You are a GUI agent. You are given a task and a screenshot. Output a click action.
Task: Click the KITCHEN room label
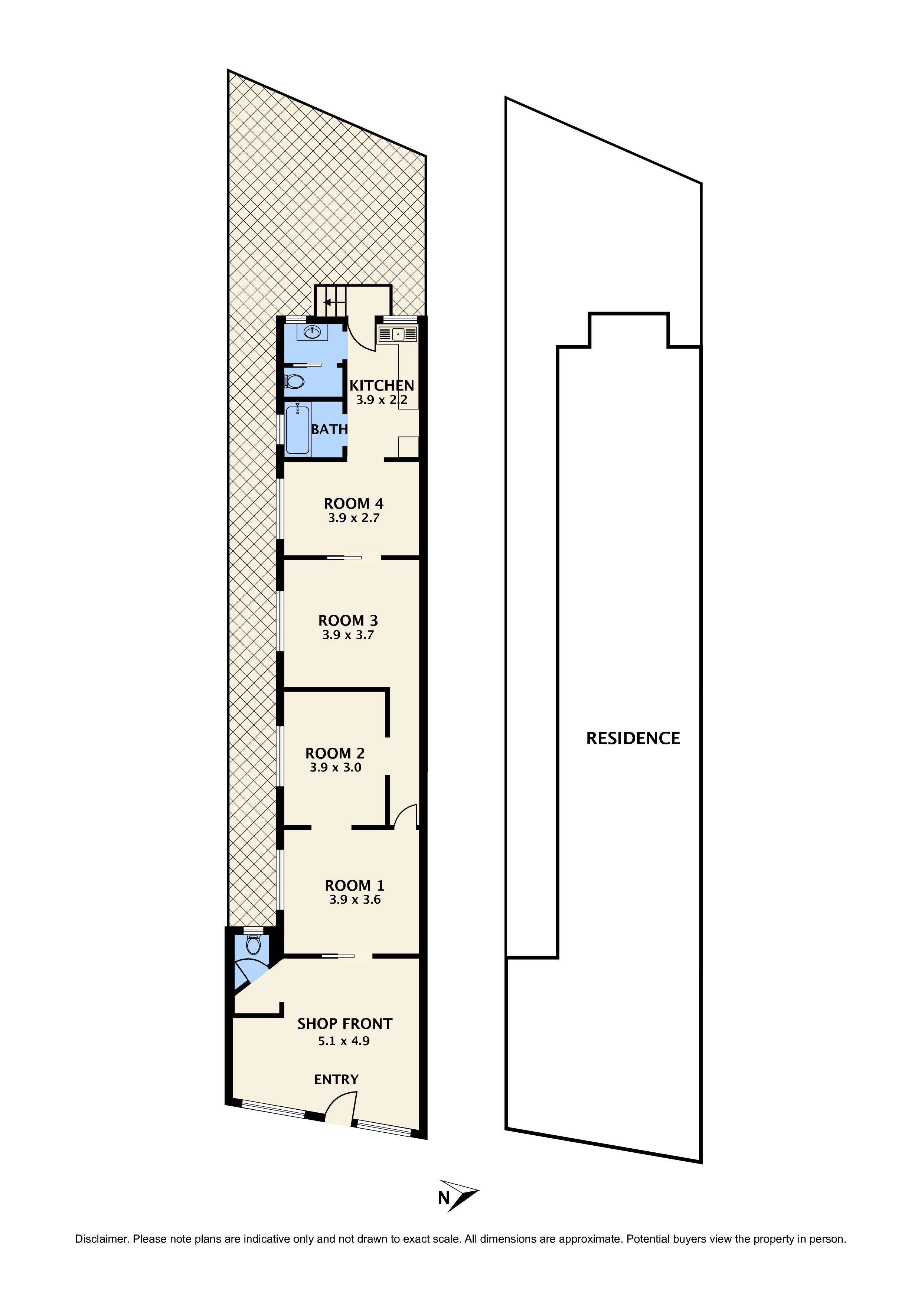click(381, 386)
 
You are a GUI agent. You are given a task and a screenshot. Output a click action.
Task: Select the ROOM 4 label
click(353, 503)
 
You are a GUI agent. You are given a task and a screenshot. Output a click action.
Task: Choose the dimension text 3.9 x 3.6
click(355, 900)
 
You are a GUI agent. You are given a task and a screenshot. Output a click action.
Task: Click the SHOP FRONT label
click(345, 1024)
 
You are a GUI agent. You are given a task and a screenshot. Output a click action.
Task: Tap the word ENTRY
click(336, 1080)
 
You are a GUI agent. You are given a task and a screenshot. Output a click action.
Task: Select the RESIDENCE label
click(633, 738)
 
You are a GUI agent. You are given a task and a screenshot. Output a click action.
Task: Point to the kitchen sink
click(397, 334)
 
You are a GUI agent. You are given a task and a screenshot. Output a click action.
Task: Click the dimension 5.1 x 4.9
click(344, 1041)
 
